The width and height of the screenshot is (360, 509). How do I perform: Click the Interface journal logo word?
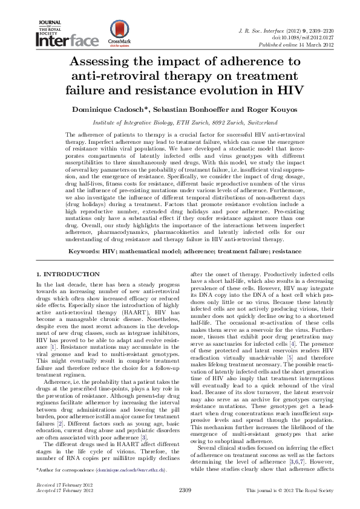(67, 42)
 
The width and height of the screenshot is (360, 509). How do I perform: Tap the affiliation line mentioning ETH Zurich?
(179, 121)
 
